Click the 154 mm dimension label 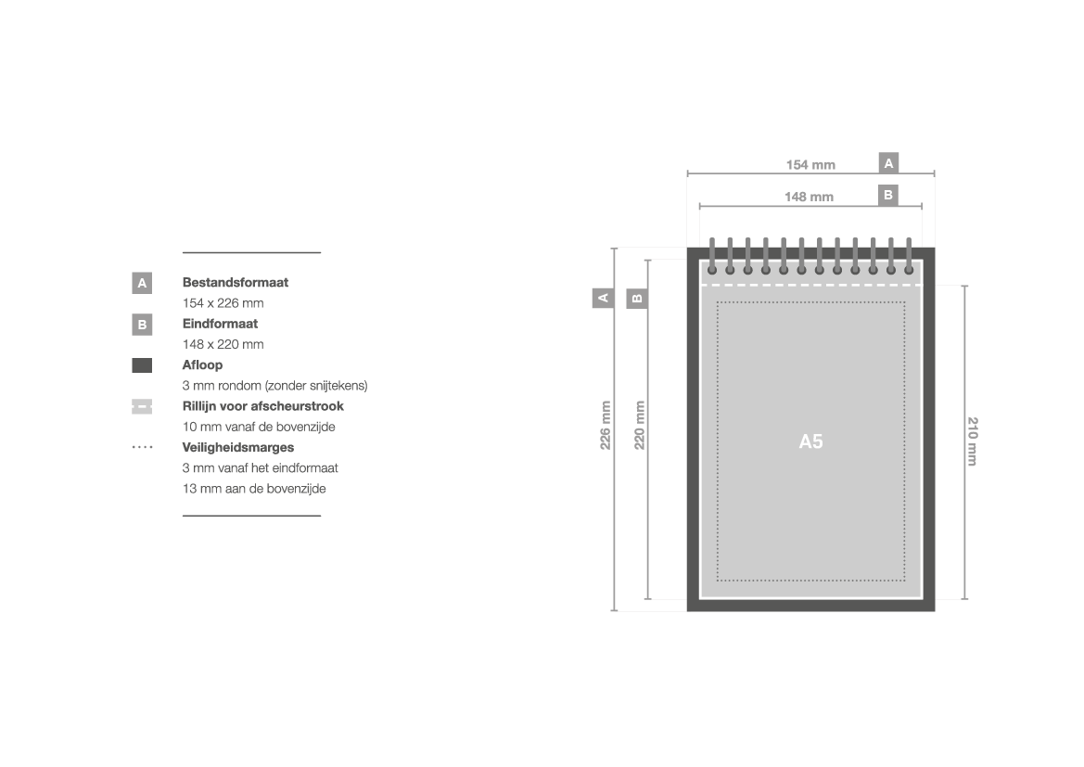tap(810, 164)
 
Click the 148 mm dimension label tap(809, 197)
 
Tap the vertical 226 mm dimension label tap(606, 426)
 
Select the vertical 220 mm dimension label tap(640, 426)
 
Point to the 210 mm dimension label tap(972, 441)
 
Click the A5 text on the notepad tap(811, 441)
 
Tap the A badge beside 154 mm tap(888, 163)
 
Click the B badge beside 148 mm tap(888, 195)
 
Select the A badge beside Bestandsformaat tap(142, 283)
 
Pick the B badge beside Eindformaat tap(142, 325)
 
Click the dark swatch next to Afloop tap(142, 365)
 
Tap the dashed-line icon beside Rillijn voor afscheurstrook tap(142, 406)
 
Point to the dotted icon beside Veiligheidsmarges tap(143, 447)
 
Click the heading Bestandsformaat tap(235, 282)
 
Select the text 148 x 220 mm tap(223, 344)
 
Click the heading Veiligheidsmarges tap(237, 447)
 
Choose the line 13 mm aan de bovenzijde tap(254, 488)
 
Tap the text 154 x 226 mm tap(223, 303)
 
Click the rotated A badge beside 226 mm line tap(603, 298)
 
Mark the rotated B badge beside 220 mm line tap(637, 298)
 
